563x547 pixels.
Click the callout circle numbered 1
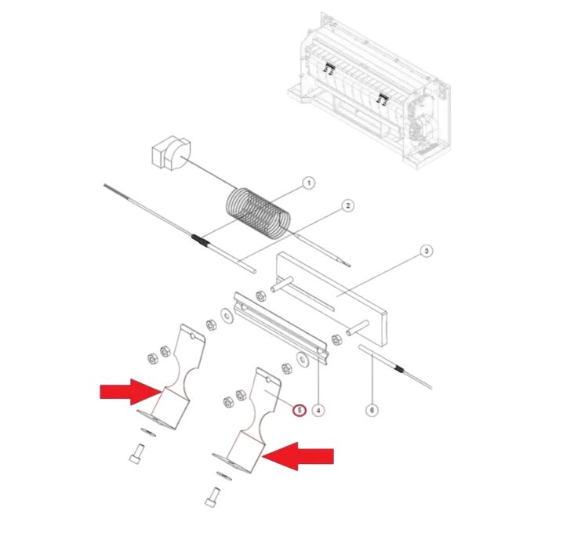[x=308, y=183]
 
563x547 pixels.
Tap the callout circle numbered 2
[x=347, y=205]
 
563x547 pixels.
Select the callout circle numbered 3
[x=427, y=251]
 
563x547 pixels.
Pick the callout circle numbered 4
[x=318, y=410]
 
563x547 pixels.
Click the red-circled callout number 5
[x=300, y=410]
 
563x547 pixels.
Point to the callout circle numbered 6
[x=372, y=410]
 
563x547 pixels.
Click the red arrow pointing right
[x=130, y=392]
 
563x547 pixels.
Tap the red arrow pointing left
[x=298, y=456]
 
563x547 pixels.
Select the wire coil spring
[x=258, y=212]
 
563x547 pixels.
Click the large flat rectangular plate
[x=331, y=298]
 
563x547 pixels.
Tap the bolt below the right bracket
[x=212, y=497]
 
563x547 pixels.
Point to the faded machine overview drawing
[x=369, y=90]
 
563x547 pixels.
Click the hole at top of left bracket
[x=193, y=336]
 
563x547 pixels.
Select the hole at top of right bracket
[x=267, y=379]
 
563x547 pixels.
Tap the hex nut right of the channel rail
[x=336, y=339]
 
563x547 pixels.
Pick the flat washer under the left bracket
[x=148, y=432]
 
